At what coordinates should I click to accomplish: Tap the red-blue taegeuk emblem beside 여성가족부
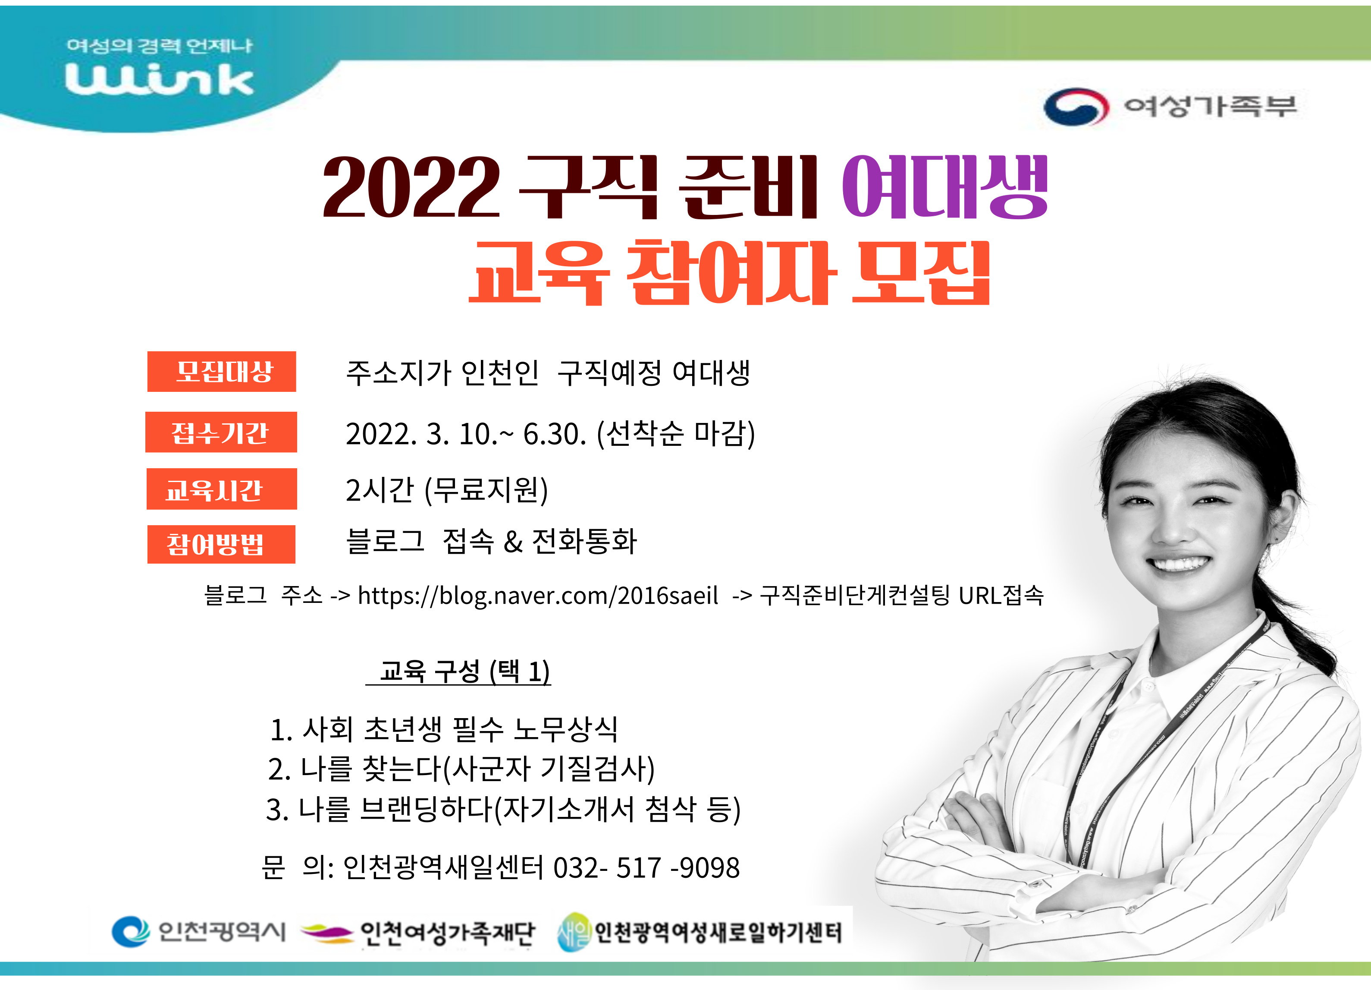click(1076, 107)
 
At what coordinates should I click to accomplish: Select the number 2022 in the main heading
click(411, 186)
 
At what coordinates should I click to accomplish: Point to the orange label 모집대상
click(222, 371)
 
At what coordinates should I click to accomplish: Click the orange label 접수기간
click(221, 432)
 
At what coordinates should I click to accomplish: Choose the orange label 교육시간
click(222, 489)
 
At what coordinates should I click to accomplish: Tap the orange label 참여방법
click(221, 544)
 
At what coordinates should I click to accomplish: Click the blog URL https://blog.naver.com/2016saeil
click(538, 596)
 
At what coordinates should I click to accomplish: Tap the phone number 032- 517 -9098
click(646, 867)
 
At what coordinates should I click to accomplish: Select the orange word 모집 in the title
click(921, 273)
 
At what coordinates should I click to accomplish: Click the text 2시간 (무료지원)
click(447, 489)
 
